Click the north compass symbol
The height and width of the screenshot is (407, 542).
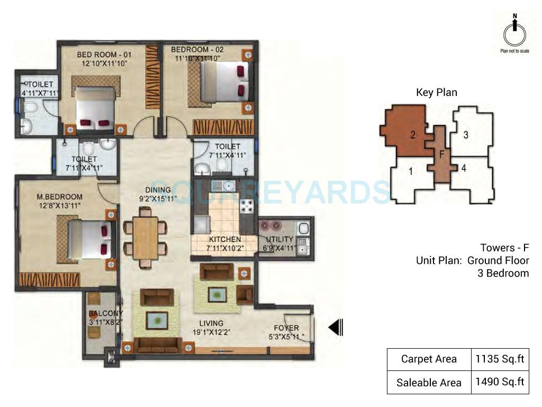[x=514, y=33]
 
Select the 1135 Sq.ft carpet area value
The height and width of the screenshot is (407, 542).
[x=499, y=359]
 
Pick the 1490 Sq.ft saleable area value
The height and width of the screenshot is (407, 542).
[x=499, y=382]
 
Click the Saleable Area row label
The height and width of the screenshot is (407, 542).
[x=428, y=383]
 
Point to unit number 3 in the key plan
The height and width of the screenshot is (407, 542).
[x=466, y=135]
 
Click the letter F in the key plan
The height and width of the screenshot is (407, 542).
[x=441, y=154]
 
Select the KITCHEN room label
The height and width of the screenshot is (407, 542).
[x=225, y=240]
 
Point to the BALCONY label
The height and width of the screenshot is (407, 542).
[x=106, y=313]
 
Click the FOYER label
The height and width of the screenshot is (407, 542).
[x=286, y=328]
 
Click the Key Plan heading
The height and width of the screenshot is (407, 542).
[x=437, y=93]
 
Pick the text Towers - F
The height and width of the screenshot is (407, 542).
[x=504, y=247]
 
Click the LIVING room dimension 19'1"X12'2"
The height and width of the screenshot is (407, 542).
[x=211, y=333]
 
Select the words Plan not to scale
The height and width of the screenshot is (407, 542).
[x=514, y=51]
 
